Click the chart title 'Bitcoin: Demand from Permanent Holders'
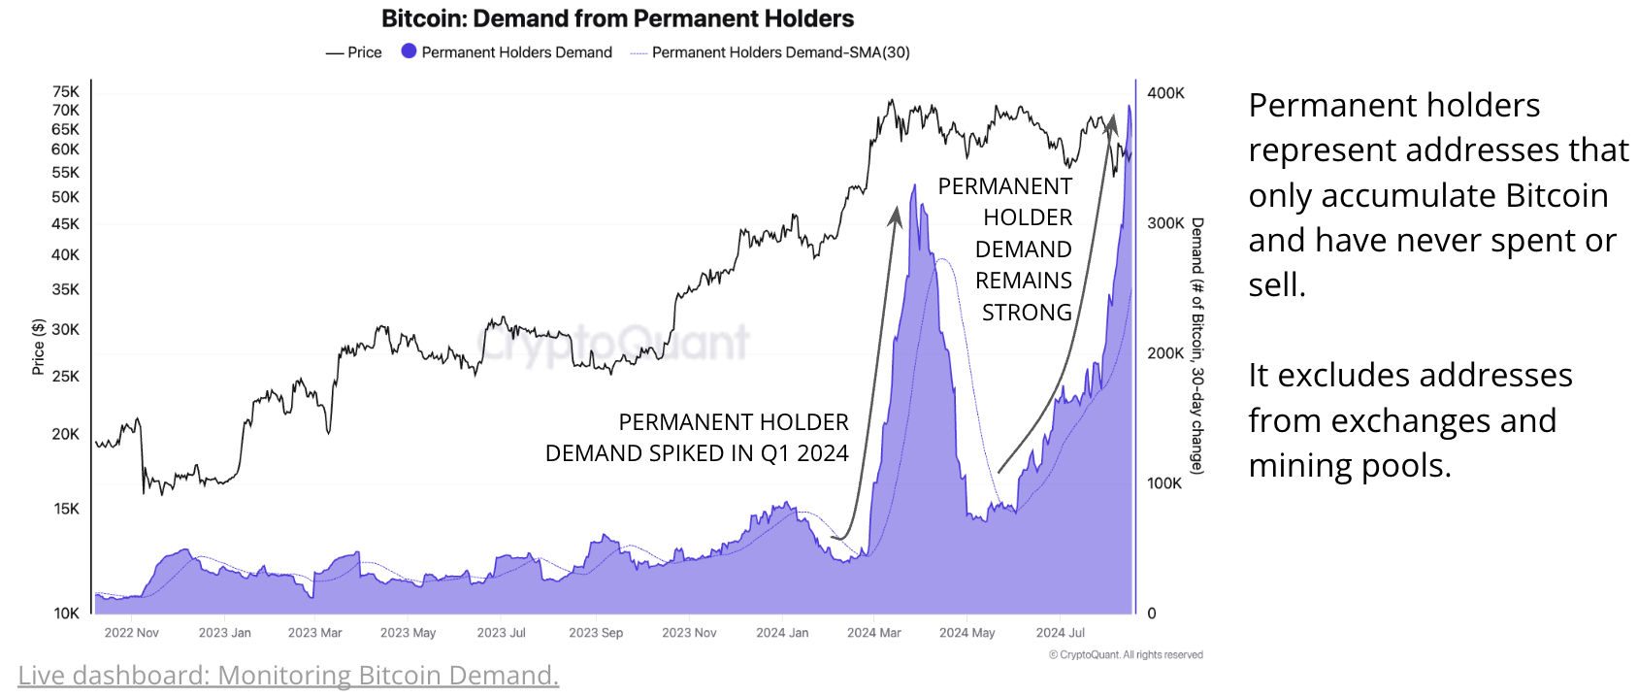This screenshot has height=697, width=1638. point(617,18)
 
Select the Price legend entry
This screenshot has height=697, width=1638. point(354,52)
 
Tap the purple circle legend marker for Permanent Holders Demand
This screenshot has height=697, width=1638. point(409,51)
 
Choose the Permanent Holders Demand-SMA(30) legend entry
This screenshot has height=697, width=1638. point(770,52)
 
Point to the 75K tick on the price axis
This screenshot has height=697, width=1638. point(66,92)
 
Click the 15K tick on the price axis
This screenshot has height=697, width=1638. point(66,509)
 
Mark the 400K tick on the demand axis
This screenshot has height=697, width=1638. point(1165,93)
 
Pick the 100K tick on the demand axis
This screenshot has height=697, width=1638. point(1164,483)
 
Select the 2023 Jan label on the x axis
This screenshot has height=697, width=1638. point(224,633)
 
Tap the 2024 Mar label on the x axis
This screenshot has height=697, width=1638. point(873,633)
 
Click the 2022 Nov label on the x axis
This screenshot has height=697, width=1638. point(131,633)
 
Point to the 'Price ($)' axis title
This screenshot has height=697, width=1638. point(39,347)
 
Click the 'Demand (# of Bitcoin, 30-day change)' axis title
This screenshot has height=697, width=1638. point(1197,347)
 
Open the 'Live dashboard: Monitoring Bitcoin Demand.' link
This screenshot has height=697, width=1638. point(288,675)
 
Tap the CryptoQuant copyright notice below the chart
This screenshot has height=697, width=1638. point(1126,655)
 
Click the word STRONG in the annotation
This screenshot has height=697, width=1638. point(1027,313)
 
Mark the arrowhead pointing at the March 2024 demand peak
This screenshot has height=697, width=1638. point(896,216)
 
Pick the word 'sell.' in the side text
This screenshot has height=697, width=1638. point(1277,285)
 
